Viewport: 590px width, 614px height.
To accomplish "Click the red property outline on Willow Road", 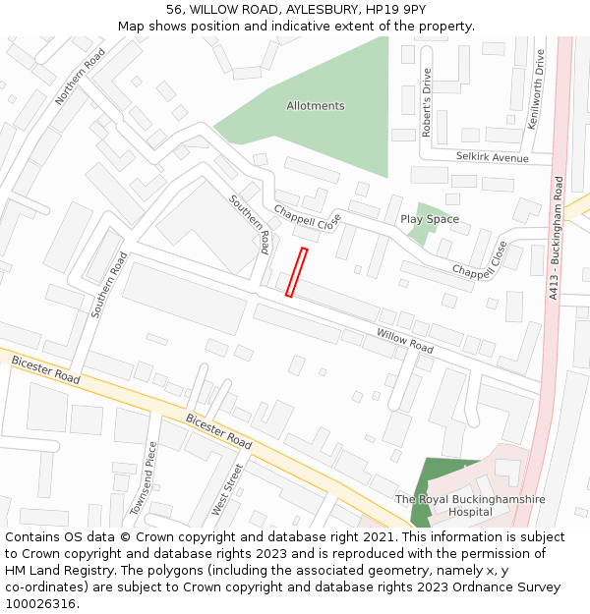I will click(x=296, y=272).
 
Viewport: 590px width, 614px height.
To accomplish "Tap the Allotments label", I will click(x=316, y=106).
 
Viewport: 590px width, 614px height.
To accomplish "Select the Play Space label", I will click(x=430, y=219).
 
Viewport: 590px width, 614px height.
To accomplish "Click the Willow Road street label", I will click(x=404, y=341).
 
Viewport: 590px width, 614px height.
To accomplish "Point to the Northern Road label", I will click(x=80, y=78).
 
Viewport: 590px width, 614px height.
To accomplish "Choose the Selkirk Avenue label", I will click(x=492, y=158).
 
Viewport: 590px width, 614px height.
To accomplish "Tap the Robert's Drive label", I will click(x=426, y=102).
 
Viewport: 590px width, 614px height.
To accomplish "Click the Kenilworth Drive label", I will click(x=536, y=90).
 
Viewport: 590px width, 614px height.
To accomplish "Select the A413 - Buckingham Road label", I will click(x=557, y=237).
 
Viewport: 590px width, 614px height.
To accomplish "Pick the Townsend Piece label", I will click(x=143, y=478).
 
